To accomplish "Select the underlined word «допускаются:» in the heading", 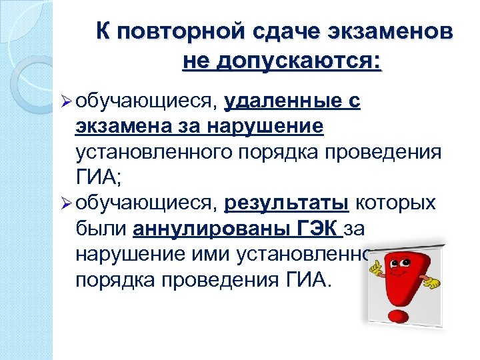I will [x=313, y=61].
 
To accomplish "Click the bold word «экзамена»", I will [x=125, y=127].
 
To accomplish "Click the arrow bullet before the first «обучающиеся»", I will [x=65, y=102].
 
